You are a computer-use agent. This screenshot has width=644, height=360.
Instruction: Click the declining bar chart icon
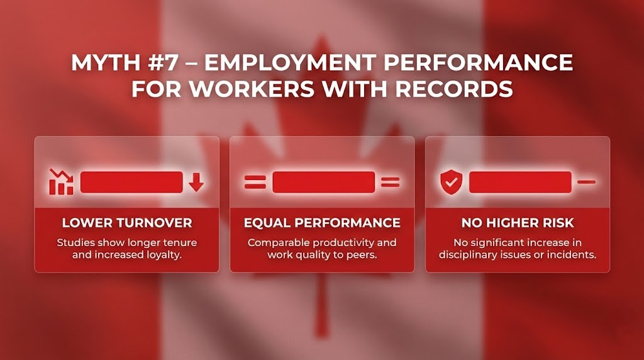click(61, 182)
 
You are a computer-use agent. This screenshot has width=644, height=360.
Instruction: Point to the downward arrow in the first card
click(196, 183)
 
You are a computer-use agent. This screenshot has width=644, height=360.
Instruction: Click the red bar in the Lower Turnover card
click(131, 182)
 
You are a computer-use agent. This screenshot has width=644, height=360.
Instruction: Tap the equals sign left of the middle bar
click(255, 183)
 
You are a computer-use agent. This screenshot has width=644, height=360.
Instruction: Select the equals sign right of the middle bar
click(390, 183)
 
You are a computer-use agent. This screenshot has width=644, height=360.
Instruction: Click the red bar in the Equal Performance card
click(323, 183)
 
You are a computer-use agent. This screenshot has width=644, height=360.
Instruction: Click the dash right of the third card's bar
click(586, 183)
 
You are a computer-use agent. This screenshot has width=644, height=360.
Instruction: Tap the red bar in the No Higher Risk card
click(520, 183)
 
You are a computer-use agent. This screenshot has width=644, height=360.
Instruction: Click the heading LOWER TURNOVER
click(127, 223)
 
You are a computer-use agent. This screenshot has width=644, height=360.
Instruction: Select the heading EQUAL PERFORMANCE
click(322, 223)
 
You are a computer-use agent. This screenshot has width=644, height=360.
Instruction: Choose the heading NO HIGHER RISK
click(518, 223)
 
